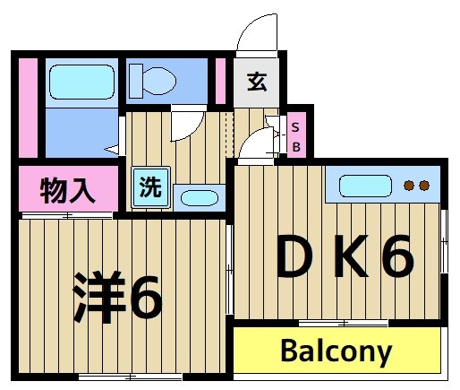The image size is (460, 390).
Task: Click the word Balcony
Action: [x=336, y=351]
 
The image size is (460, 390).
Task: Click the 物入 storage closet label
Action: [x=68, y=190]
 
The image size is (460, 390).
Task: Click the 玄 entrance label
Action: [x=258, y=82]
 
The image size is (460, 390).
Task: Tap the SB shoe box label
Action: [x=297, y=135]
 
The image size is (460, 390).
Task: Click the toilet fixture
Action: [x=152, y=82]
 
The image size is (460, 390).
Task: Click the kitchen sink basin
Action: [x=365, y=186]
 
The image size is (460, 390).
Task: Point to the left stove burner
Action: [x=409, y=186]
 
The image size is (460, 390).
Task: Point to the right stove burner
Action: [x=424, y=186]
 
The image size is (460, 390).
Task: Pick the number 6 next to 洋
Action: [x=144, y=299]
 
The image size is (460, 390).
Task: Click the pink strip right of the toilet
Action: [x=220, y=82]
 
